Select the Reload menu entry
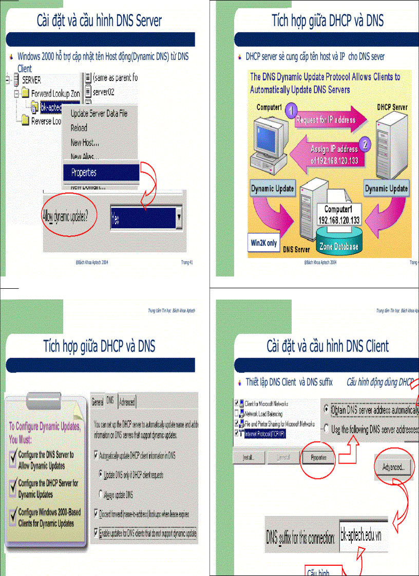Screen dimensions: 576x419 point(79,128)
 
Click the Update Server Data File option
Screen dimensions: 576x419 point(99,113)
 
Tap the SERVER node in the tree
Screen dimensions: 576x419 point(31,80)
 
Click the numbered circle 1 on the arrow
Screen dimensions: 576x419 point(291,111)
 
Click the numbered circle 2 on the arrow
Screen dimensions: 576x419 point(365,144)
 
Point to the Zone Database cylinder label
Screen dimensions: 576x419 point(339,246)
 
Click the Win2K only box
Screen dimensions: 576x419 point(264,244)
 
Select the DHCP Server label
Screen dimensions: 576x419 point(392,107)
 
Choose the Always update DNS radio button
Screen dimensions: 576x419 point(100,494)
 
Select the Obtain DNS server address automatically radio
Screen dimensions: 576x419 point(327,410)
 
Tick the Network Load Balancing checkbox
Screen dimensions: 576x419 point(236,413)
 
